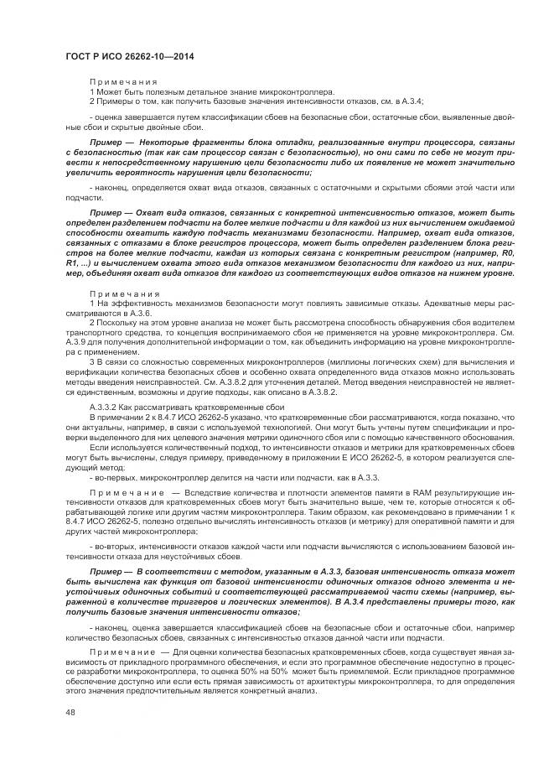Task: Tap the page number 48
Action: (70, 713)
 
